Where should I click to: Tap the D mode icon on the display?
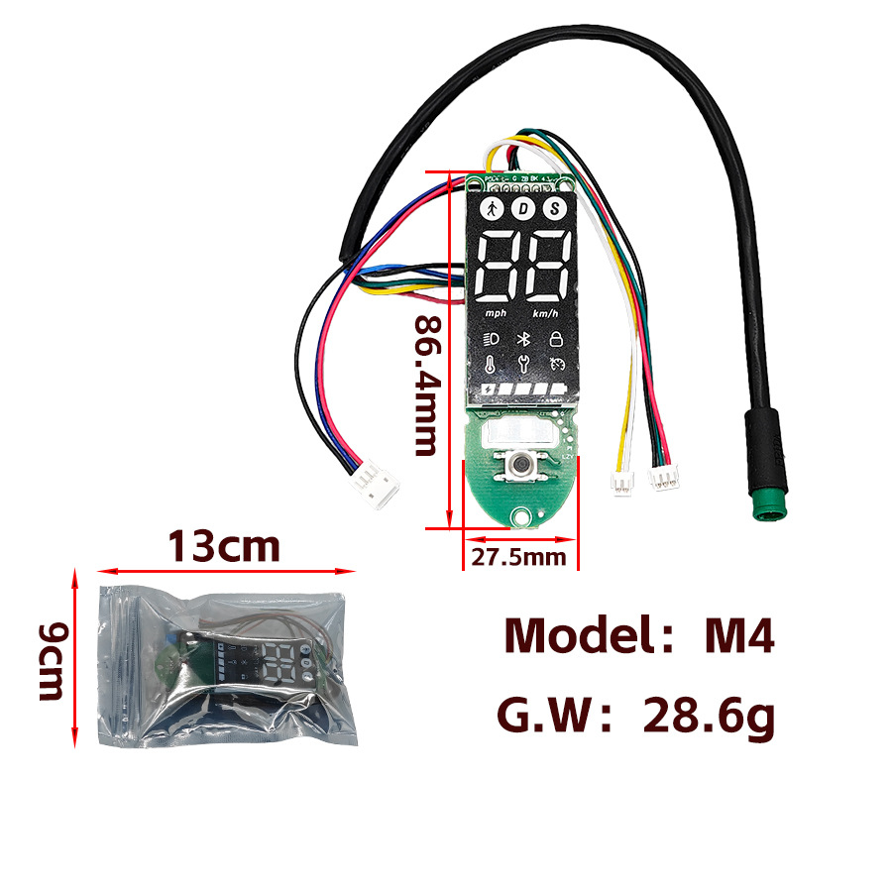[523, 209]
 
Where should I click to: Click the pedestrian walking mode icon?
[491, 209]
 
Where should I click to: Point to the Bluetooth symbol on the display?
[523, 337]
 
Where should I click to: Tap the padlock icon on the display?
[556, 337]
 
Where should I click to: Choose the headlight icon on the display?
[491, 338]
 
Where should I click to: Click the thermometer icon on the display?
[491, 364]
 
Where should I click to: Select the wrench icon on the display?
[523, 364]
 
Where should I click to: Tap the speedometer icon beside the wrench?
[557, 363]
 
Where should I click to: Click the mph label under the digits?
[495, 313]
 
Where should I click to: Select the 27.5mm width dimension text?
[518, 557]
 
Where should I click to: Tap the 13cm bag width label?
[224, 546]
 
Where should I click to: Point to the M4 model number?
[738, 635]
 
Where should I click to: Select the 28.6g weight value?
[708, 717]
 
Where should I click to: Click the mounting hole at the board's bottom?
[521, 514]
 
